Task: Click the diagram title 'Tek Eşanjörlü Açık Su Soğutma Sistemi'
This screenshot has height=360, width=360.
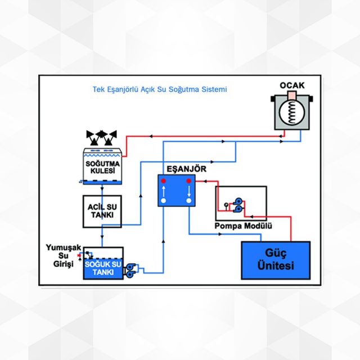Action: tap(160, 89)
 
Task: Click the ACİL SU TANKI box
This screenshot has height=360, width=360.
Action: tap(102, 211)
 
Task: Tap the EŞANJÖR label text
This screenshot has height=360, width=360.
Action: tap(178, 169)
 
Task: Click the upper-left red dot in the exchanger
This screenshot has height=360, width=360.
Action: tap(164, 182)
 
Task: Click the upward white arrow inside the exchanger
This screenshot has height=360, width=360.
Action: tap(164, 191)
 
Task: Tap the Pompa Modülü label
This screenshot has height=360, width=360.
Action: tap(244, 226)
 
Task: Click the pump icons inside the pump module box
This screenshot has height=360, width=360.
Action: tap(235, 206)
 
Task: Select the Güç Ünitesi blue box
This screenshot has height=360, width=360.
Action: tap(275, 260)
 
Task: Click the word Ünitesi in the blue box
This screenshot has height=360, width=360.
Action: tap(275, 266)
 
